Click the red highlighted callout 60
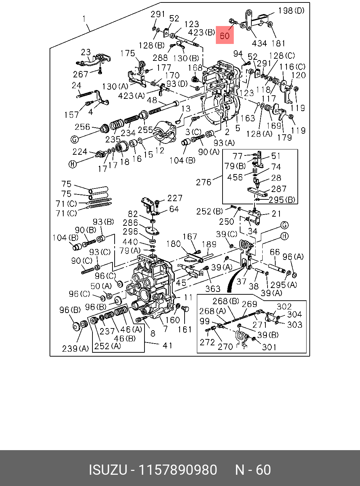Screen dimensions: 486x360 click(225, 35)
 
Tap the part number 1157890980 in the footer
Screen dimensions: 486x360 click(178, 470)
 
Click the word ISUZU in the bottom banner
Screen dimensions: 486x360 click(107, 470)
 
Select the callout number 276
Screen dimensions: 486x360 click(204, 182)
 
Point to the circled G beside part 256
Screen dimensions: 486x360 click(74, 140)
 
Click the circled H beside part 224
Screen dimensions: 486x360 click(72, 164)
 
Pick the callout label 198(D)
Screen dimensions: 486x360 click(291, 11)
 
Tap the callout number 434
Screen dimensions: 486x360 click(259, 43)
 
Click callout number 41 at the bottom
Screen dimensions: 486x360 click(167, 345)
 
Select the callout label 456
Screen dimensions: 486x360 click(235, 177)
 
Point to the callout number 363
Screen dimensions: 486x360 click(213, 289)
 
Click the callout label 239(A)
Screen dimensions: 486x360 click(75, 348)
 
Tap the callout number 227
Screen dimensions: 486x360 click(175, 198)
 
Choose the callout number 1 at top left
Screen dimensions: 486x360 click(84, 19)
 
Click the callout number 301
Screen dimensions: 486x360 click(269, 347)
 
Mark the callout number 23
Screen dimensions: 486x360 click(86, 52)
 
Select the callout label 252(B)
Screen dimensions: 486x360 click(210, 211)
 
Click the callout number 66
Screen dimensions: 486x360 click(275, 252)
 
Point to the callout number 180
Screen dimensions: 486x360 click(173, 244)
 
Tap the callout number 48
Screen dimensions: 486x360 click(152, 101)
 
